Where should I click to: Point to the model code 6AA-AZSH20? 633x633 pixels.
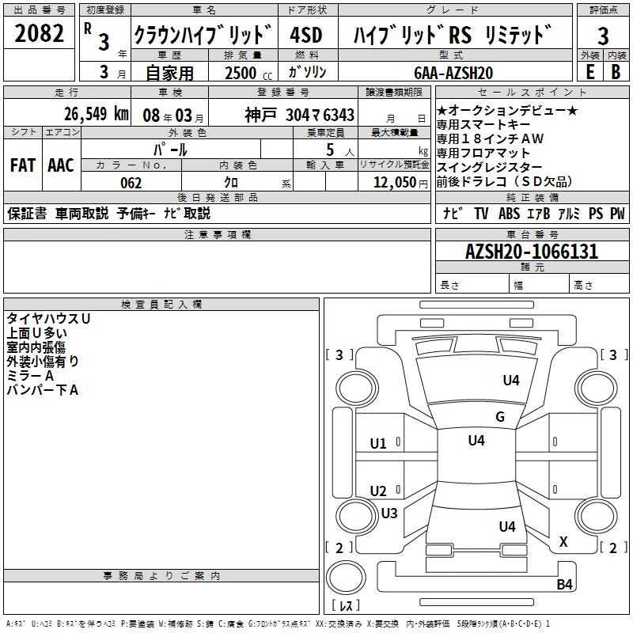pyautogui.click(x=453, y=73)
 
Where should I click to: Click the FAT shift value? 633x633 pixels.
pyautogui.click(x=22, y=165)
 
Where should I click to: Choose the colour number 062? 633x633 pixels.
pyautogui.click(x=131, y=183)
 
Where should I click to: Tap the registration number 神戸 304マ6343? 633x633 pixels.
pyautogui.click(x=299, y=115)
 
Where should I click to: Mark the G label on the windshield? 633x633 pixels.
pyautogui.click(x=499, y=417)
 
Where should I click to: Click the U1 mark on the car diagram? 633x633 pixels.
pyautogui.click(x=378, y=444)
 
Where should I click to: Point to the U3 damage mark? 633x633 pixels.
pyautogui.click(x=389, y=514)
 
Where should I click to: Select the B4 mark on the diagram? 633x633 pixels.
pyautogui.click(x=563, y=585)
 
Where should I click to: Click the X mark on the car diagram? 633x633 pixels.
pyautogui.click(x=563, y=542)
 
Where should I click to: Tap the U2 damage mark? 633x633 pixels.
pyautogui.click(x=378, y=491)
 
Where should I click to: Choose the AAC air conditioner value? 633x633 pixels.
pyautogui.click(x=60, y=165)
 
